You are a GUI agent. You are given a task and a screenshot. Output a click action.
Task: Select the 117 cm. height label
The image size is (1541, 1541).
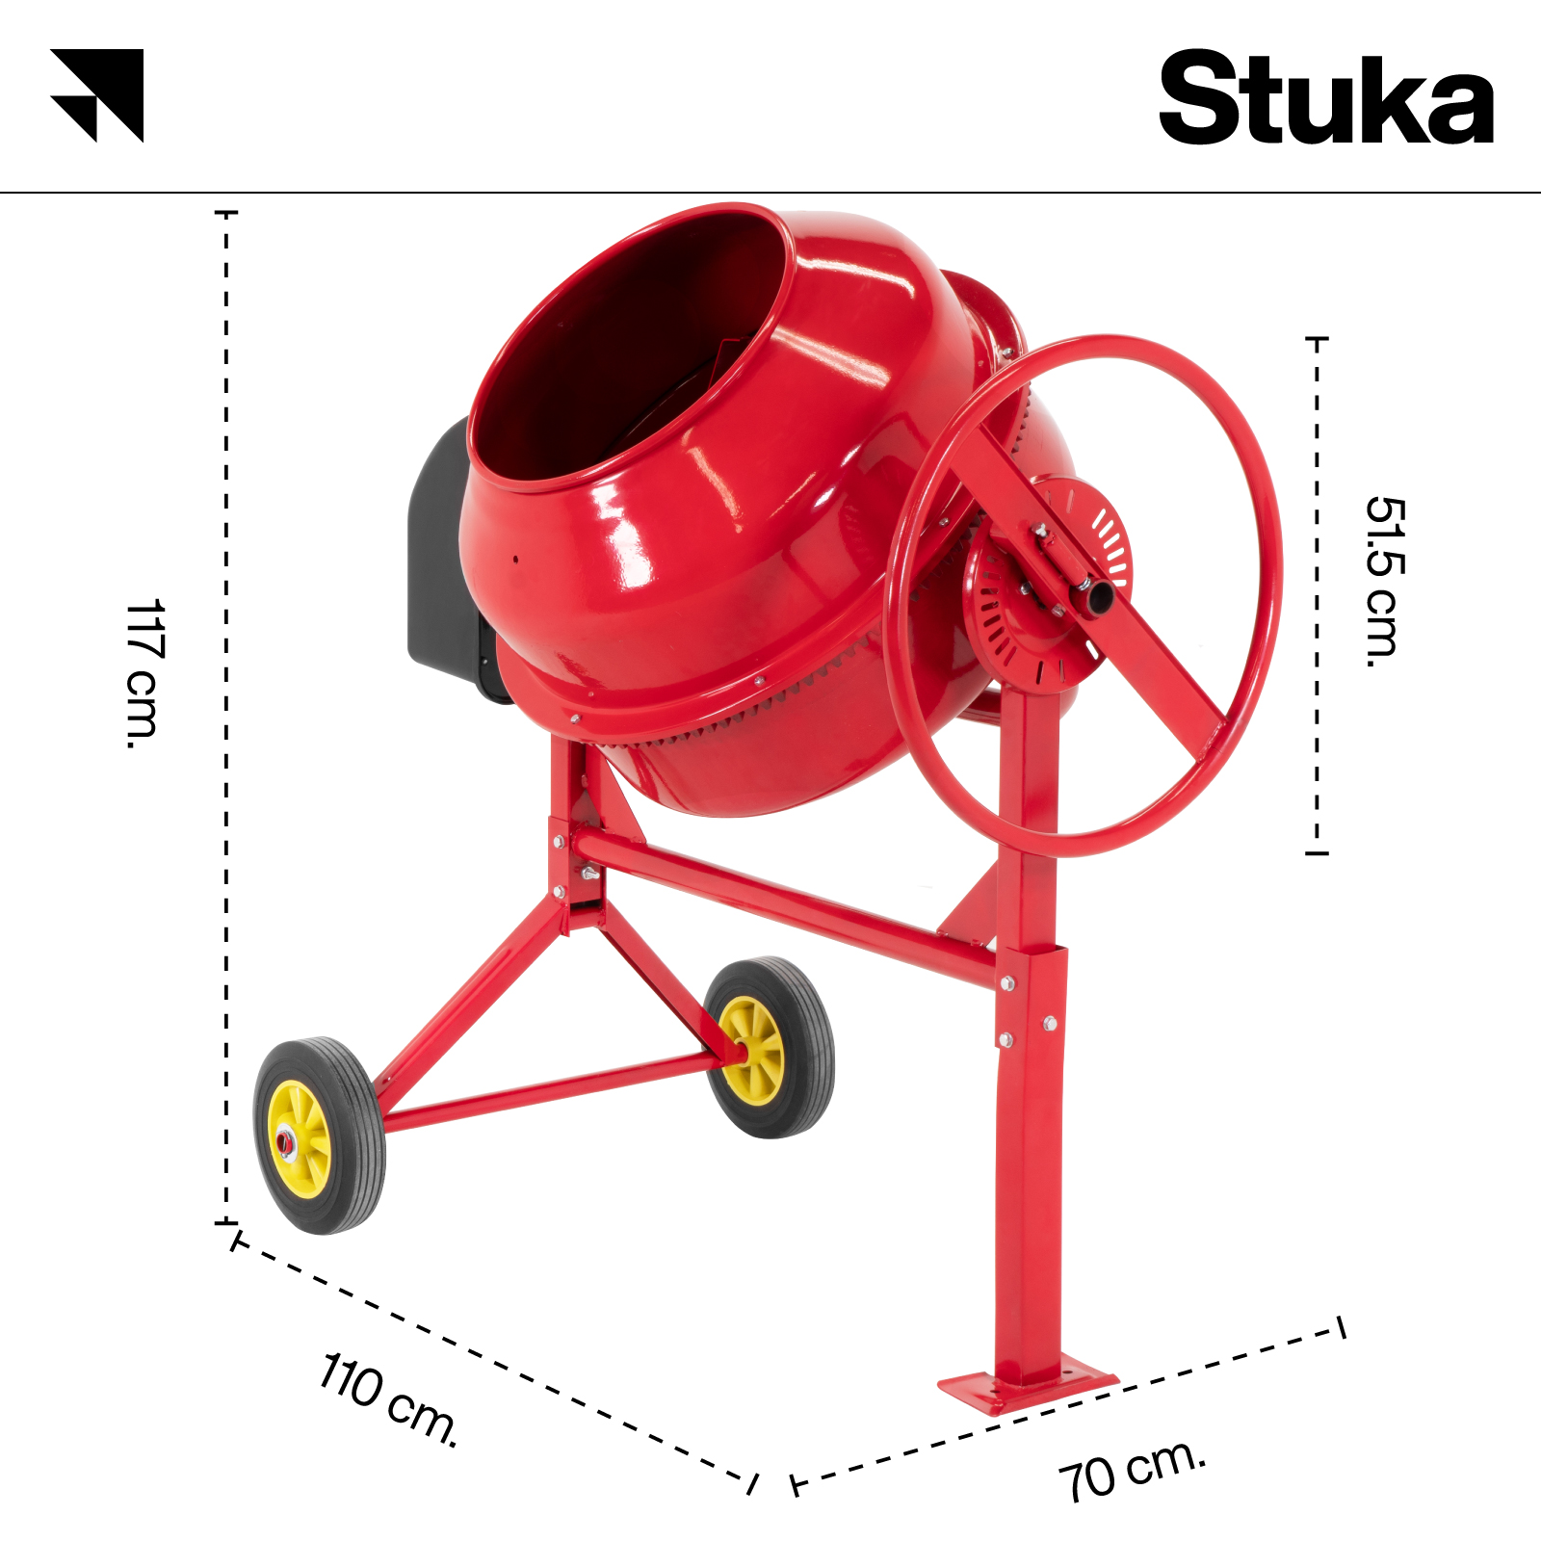[144, 673]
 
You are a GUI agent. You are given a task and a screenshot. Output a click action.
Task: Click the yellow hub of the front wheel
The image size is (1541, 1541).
[300, 1139]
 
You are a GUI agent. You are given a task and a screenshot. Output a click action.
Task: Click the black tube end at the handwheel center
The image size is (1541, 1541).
[1097, 597]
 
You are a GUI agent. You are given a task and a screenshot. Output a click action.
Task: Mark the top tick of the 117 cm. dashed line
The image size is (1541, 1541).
[226, 212]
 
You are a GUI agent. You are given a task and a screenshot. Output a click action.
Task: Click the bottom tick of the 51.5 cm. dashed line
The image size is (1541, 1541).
[1317, 852]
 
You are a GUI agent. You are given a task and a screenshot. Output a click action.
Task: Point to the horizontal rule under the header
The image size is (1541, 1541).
[770, 193]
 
